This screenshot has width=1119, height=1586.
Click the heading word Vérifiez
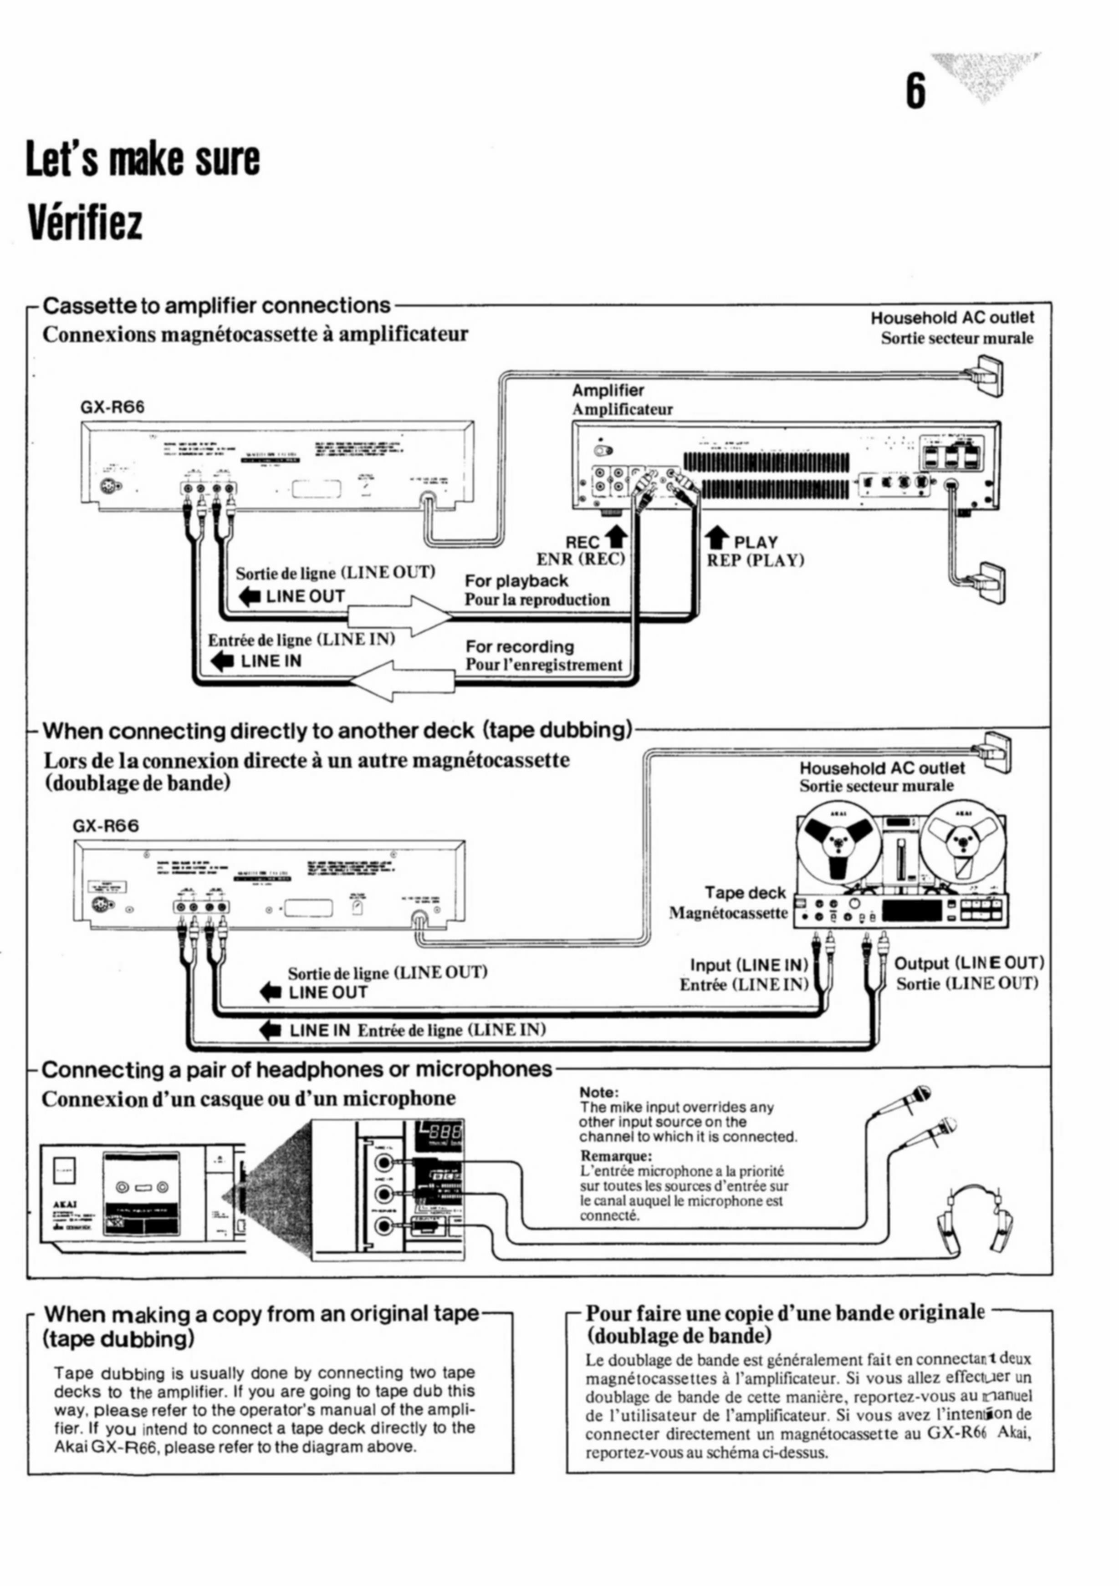pos(84,221)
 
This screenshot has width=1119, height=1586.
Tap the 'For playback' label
pos(516,581)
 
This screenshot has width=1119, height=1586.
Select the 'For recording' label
pos(520,646)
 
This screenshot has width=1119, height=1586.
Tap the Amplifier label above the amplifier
pos(608,390)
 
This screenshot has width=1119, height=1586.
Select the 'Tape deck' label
pos(745,893)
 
